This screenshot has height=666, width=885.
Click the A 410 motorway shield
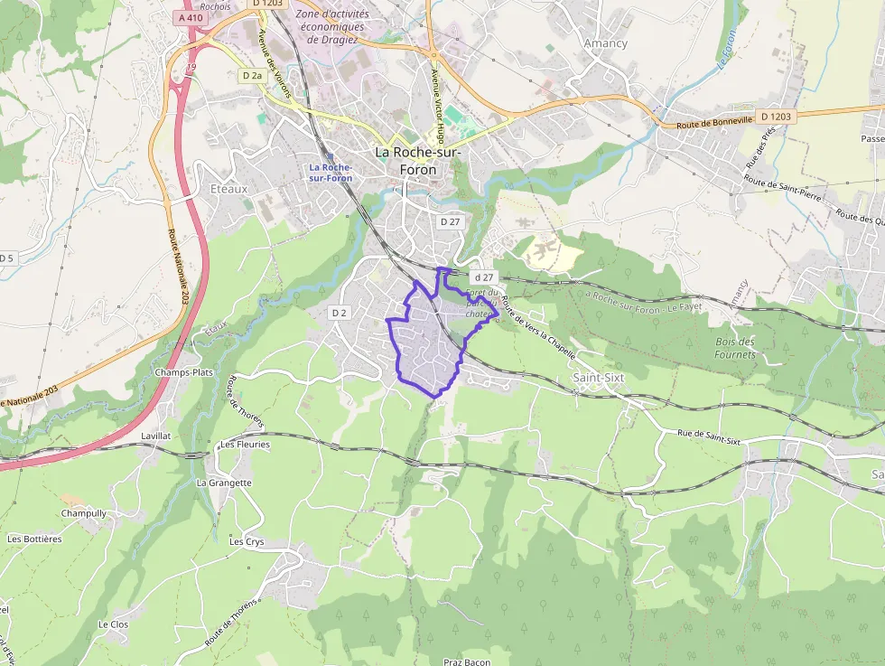(191, 17)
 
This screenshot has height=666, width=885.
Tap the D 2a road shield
(252, 76)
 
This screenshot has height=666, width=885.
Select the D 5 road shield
(6, 258)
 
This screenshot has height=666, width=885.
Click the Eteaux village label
(228, 190)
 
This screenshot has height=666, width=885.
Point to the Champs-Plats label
(183, 372)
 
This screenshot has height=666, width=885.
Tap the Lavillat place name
(156, 436)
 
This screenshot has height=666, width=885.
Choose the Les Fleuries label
(245, 445)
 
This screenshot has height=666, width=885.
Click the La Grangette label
(224, 483)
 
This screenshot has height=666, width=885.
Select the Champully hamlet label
(84, 513)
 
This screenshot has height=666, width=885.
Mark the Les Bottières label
(34, 539)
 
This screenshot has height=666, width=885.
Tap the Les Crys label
(247, 542)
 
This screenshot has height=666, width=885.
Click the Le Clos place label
(114, 624)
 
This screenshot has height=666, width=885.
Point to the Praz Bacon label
(467, 661)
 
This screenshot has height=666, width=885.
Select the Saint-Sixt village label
(599, 377)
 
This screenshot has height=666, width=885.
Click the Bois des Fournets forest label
(734, 348)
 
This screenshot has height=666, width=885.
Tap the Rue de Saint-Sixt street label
(709, 437)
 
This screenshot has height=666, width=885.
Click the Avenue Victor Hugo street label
(439, 107)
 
